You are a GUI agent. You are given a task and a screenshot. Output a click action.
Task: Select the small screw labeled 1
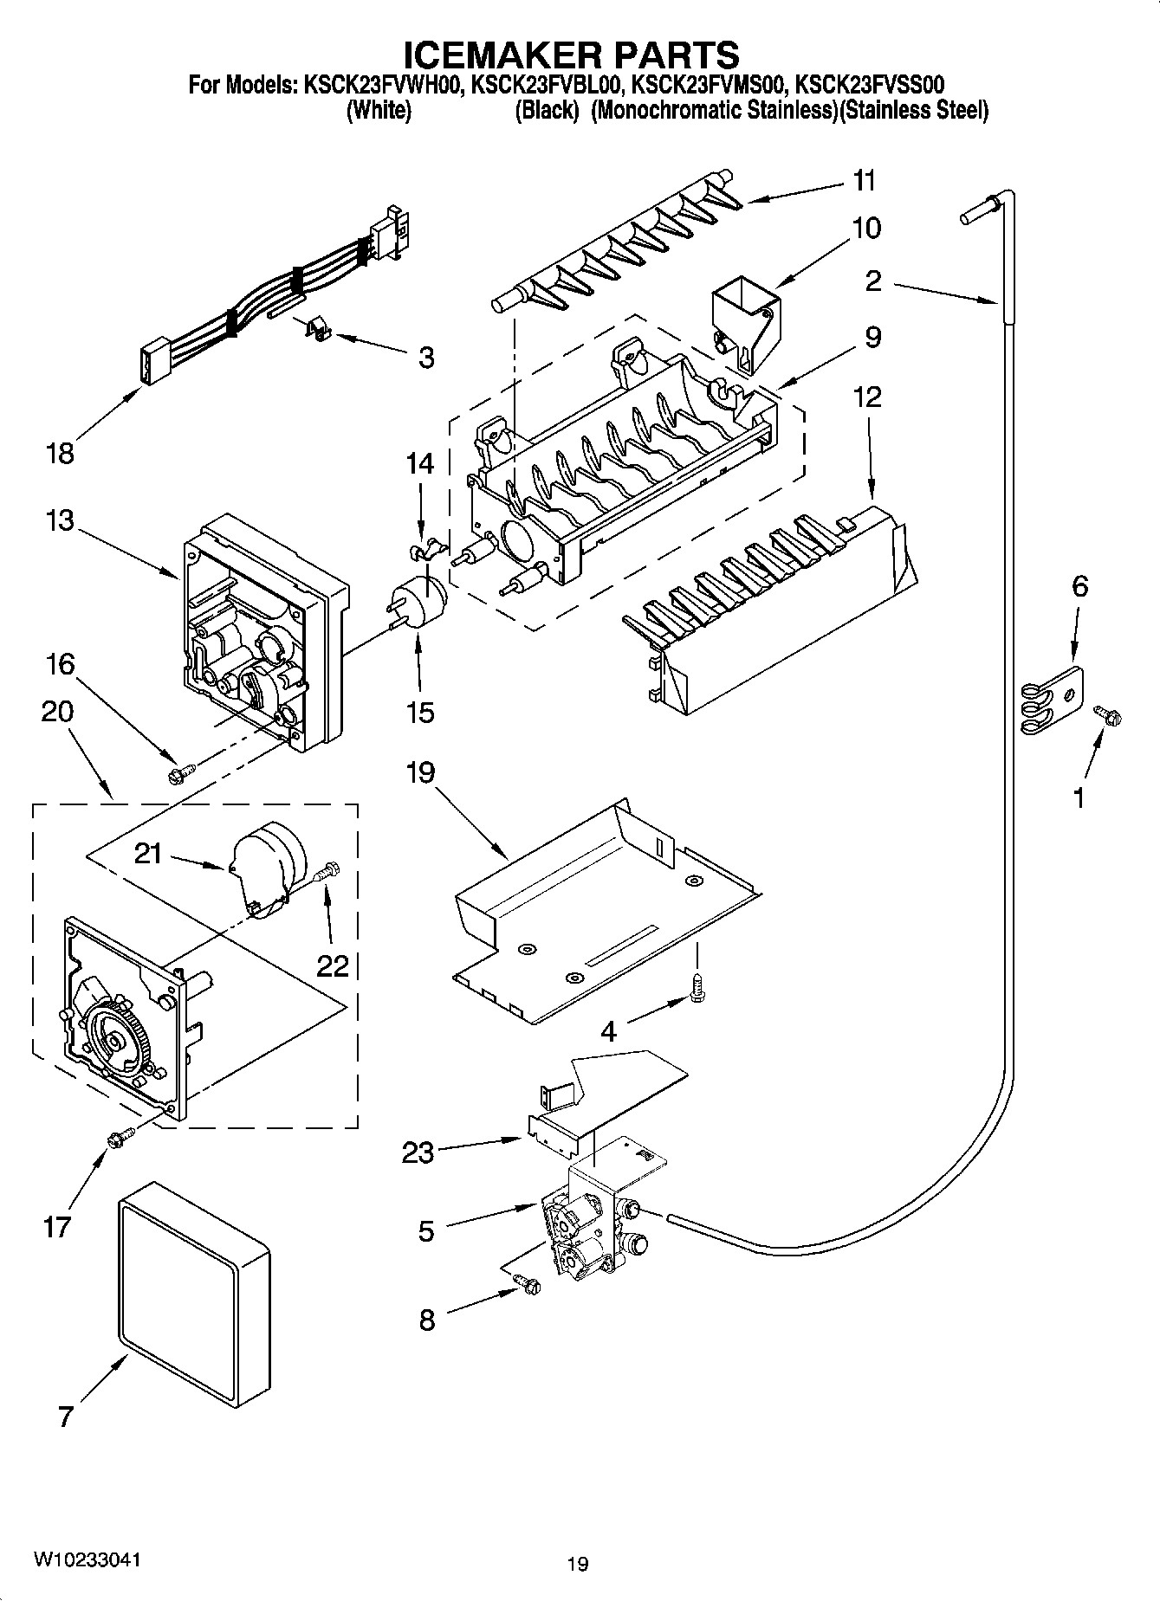click(1107, 713)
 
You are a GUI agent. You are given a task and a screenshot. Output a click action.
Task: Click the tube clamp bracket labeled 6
click(1051, 700)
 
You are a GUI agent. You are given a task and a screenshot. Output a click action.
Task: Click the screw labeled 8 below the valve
click(526, 1284)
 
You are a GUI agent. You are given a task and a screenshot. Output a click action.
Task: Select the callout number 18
click(60, 453)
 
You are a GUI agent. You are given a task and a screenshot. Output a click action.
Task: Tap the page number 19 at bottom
click(578, 1564)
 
